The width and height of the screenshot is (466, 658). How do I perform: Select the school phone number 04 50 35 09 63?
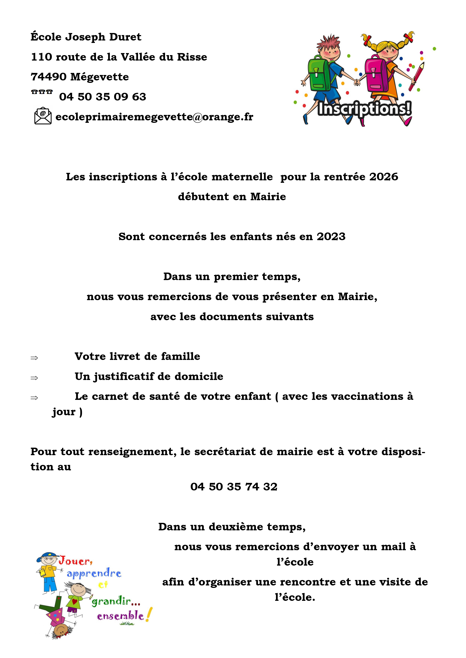point(103,97)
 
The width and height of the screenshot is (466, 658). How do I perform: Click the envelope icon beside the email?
point(43,116)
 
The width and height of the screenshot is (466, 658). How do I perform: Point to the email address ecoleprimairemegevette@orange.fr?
point(154,117)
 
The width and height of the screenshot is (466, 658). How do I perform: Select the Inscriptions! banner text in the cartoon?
point(364,109)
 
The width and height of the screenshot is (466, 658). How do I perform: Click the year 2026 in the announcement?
point(384,177)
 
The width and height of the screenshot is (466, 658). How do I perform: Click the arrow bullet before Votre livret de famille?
point(34,358)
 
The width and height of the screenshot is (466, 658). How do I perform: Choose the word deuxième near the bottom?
point(236,527)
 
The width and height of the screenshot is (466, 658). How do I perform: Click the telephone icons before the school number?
point(42,92)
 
